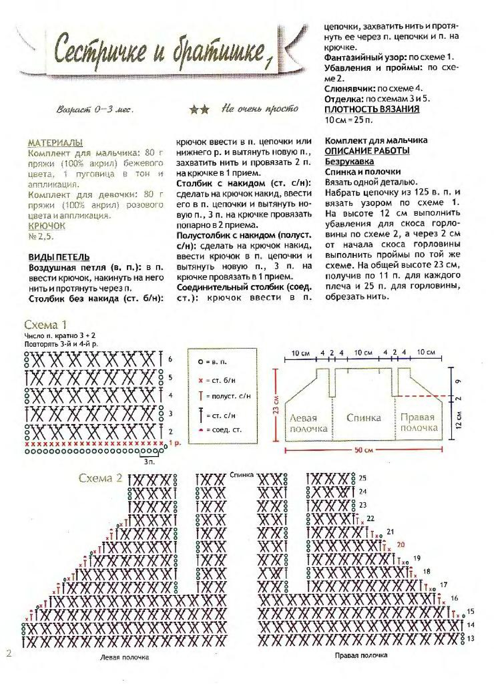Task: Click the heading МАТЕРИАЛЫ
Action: [x=56, y=143]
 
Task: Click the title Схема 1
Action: [x=45, y=325]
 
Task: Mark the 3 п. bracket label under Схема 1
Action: [x=149, y=461]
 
